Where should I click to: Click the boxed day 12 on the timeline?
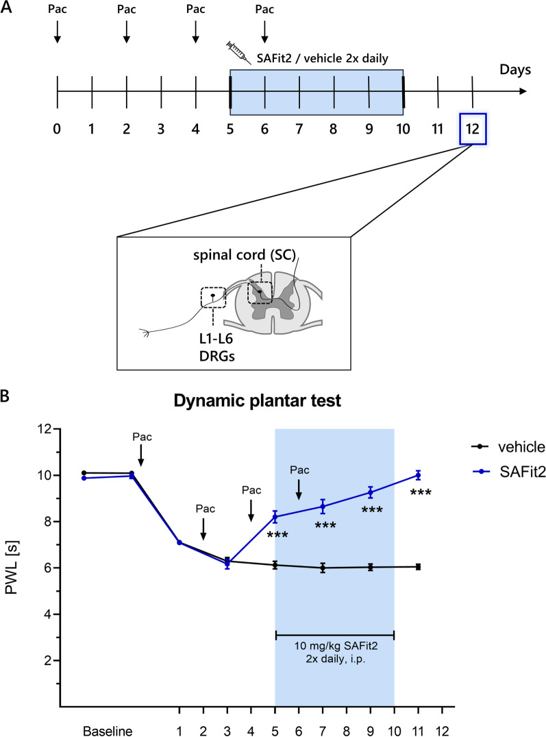point(473,128)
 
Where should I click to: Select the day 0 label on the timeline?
point(57,128)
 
